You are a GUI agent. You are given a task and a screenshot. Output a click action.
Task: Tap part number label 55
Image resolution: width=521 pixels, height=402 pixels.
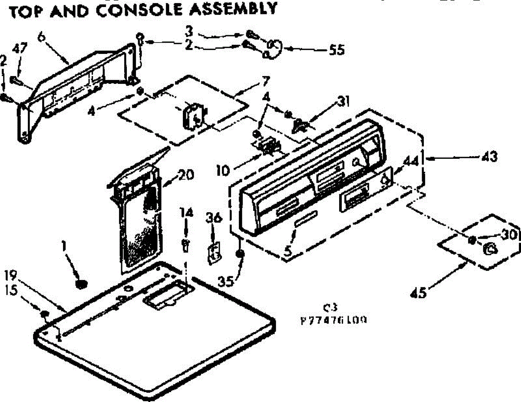[x=335, y=50]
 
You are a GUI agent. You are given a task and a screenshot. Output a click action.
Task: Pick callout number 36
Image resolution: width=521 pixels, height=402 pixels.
[x=213, y=219]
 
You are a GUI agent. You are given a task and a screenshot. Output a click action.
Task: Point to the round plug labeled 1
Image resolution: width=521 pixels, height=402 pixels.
[x=80, y=284]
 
